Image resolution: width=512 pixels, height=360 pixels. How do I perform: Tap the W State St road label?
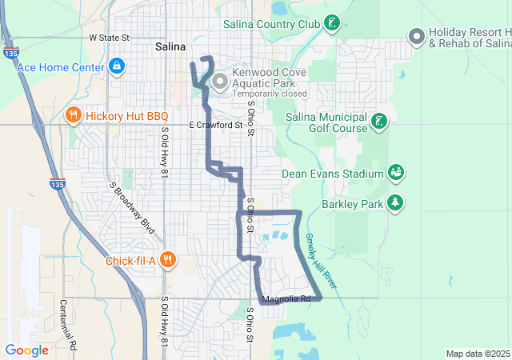(x=109, y=38)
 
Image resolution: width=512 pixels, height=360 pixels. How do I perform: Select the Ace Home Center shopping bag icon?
(x=116, y=65)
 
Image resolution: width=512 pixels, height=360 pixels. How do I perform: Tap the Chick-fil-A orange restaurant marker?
(x=167, y=259)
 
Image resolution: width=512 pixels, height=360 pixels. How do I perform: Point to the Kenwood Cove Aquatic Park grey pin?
(x=220, y=80)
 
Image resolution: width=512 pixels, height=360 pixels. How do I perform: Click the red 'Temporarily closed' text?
(x=270, y=94)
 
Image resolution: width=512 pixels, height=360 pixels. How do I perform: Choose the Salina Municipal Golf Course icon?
(x=379, y=122)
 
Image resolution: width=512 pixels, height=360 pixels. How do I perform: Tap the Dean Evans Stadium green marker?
(x=394, y=173)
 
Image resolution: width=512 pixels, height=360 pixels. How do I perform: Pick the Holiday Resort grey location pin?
(x=416, y=36)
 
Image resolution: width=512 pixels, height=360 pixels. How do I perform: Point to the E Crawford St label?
(x=216, y=126)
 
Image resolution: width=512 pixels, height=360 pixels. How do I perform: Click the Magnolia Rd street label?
(x=286, y=299)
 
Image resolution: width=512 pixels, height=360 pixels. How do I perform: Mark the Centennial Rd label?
(x=70, y=323)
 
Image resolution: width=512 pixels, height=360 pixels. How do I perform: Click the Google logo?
(x=26, y=350)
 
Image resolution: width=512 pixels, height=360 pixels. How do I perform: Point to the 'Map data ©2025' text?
(x=477, y=354)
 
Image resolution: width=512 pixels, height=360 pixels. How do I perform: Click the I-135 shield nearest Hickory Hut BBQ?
(x=56, y=183)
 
